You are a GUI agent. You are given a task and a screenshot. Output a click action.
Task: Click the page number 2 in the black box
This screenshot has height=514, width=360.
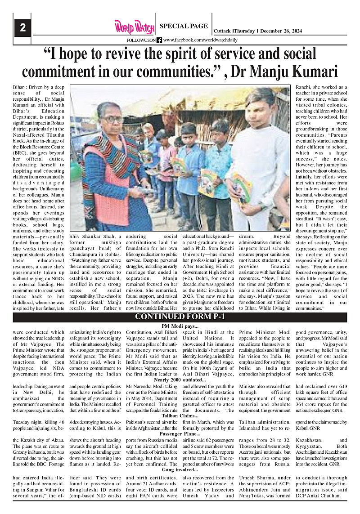click(22, 28)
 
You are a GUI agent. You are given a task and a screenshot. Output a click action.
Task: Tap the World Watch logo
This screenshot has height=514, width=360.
click(134, 27)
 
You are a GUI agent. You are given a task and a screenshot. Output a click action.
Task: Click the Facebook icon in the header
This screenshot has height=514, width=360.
click(159, 40)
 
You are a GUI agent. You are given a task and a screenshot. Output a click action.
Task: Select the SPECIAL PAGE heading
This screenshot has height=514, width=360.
click(184, 26)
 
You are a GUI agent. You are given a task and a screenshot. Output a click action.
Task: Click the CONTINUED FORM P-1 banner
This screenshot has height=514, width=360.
click(180, 317)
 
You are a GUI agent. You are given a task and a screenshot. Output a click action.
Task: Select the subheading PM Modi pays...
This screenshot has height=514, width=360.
click(180, 326)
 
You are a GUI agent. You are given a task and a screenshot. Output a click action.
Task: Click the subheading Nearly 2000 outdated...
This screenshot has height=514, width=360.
click(180, 380)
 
